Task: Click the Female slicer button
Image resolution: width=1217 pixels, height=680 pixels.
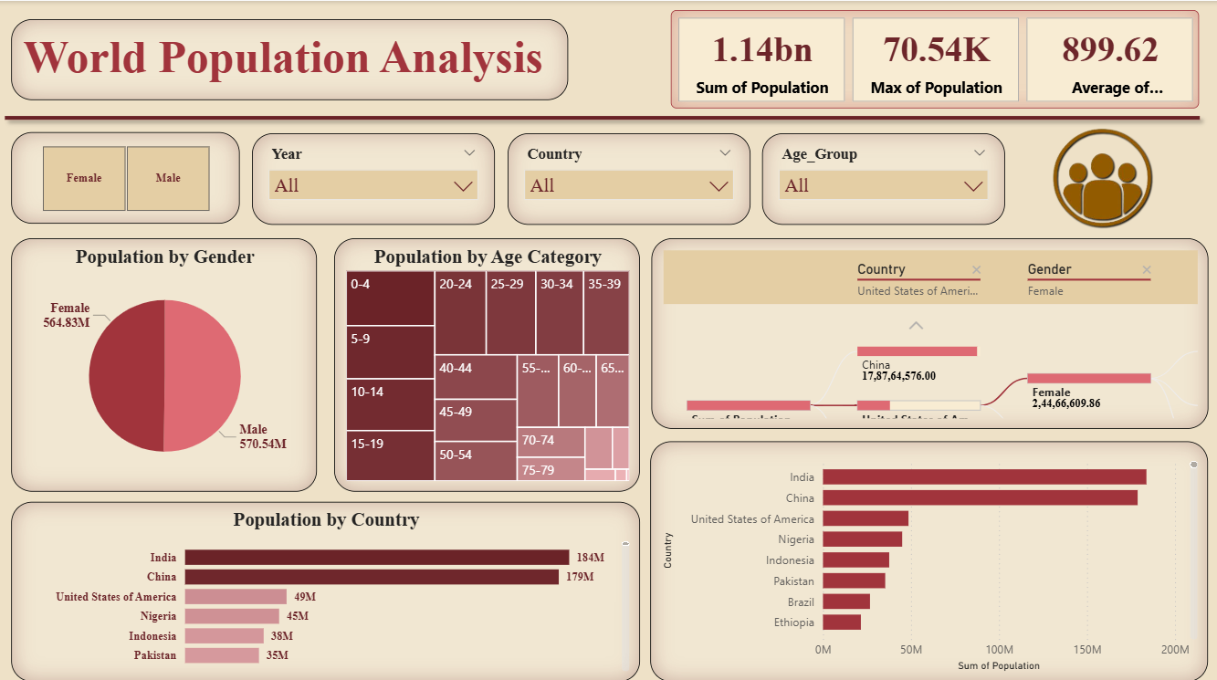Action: [84, 178]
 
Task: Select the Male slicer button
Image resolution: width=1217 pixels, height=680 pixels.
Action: [168, 178]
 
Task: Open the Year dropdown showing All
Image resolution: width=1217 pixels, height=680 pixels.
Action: [372, 186]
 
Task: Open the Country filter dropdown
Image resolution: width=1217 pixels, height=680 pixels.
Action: [628, 186]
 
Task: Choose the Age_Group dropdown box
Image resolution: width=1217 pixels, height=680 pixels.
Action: [883, 186]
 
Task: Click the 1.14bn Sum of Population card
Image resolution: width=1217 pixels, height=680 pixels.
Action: [761, 59]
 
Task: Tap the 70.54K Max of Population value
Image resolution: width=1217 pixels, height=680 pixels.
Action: [936, 50]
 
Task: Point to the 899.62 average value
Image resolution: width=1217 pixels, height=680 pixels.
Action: [1109, 50]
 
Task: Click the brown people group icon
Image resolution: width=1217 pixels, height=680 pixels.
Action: [1102, 177]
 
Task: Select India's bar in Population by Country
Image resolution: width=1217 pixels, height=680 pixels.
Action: [376, 558]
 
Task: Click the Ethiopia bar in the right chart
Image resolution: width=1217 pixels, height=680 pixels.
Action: [841, 622]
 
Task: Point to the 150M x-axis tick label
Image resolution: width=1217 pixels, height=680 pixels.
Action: [1086, 649]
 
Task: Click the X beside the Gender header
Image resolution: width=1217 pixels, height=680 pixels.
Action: [1147, 270]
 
